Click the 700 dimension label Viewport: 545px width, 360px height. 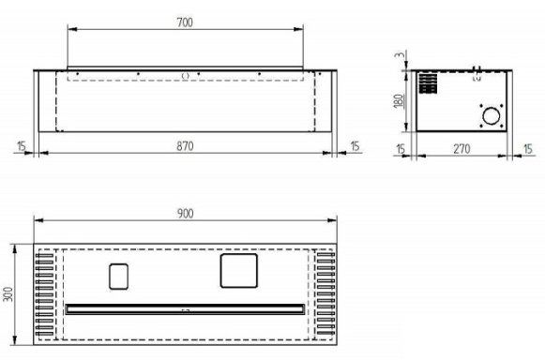[x=185, y=22]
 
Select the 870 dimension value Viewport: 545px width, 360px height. [x=185, y=146]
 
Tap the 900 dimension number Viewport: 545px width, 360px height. [x=185, y=214]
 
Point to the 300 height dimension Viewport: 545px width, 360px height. [x=8, y=294]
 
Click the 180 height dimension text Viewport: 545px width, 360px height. [x=400, y=100]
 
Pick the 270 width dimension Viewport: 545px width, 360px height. [x=462, y=149]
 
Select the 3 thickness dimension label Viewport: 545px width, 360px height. [x=401, y=55]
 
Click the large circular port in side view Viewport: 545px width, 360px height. [x=492, y=116]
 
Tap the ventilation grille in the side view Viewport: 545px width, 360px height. [x=428, y=83]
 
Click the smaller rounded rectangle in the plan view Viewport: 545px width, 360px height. [x=118, y=277]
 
